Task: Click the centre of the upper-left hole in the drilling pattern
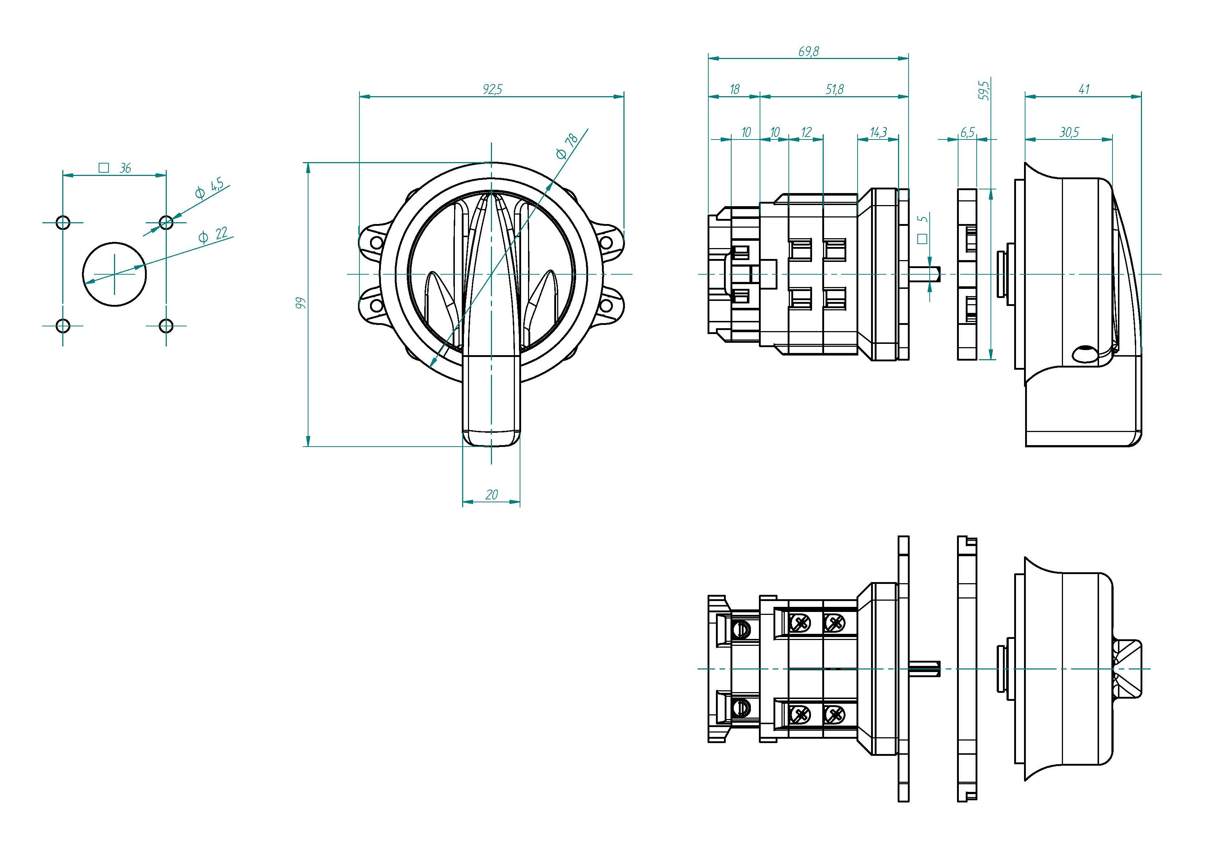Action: coord(63,223)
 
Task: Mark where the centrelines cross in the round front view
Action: coord(491,274)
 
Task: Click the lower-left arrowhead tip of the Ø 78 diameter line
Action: coord(430,366)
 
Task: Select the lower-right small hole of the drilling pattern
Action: coord(166,326)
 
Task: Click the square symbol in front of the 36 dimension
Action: coord(104,168)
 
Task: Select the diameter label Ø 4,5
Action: coord(209,189)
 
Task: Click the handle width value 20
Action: coord(492,495)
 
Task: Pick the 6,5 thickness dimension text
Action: coord(967,132)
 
